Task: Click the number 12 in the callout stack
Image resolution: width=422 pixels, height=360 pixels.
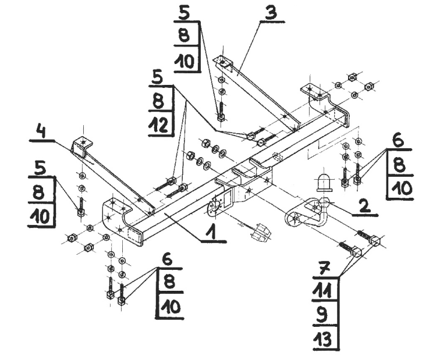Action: click(x=159, y=126)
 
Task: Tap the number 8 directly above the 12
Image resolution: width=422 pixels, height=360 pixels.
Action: click(x=158, y=101)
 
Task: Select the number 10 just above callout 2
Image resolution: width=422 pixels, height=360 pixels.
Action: click(x=400, y=188)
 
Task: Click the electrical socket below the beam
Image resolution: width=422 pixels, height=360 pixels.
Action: click(x=261, y=231)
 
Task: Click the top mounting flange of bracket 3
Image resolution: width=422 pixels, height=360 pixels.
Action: click(x=224, y=62)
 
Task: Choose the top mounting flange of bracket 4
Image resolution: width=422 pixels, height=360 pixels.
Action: click(x=81, y=144)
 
